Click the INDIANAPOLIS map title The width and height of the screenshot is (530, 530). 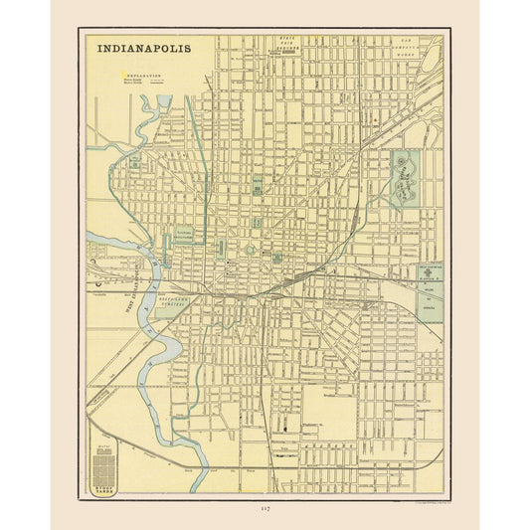point(144,47)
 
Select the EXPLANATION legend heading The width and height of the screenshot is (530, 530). point(142,74)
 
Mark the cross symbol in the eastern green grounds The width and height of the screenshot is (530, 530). point(429,271)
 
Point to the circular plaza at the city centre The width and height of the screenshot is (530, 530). point(250,251)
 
